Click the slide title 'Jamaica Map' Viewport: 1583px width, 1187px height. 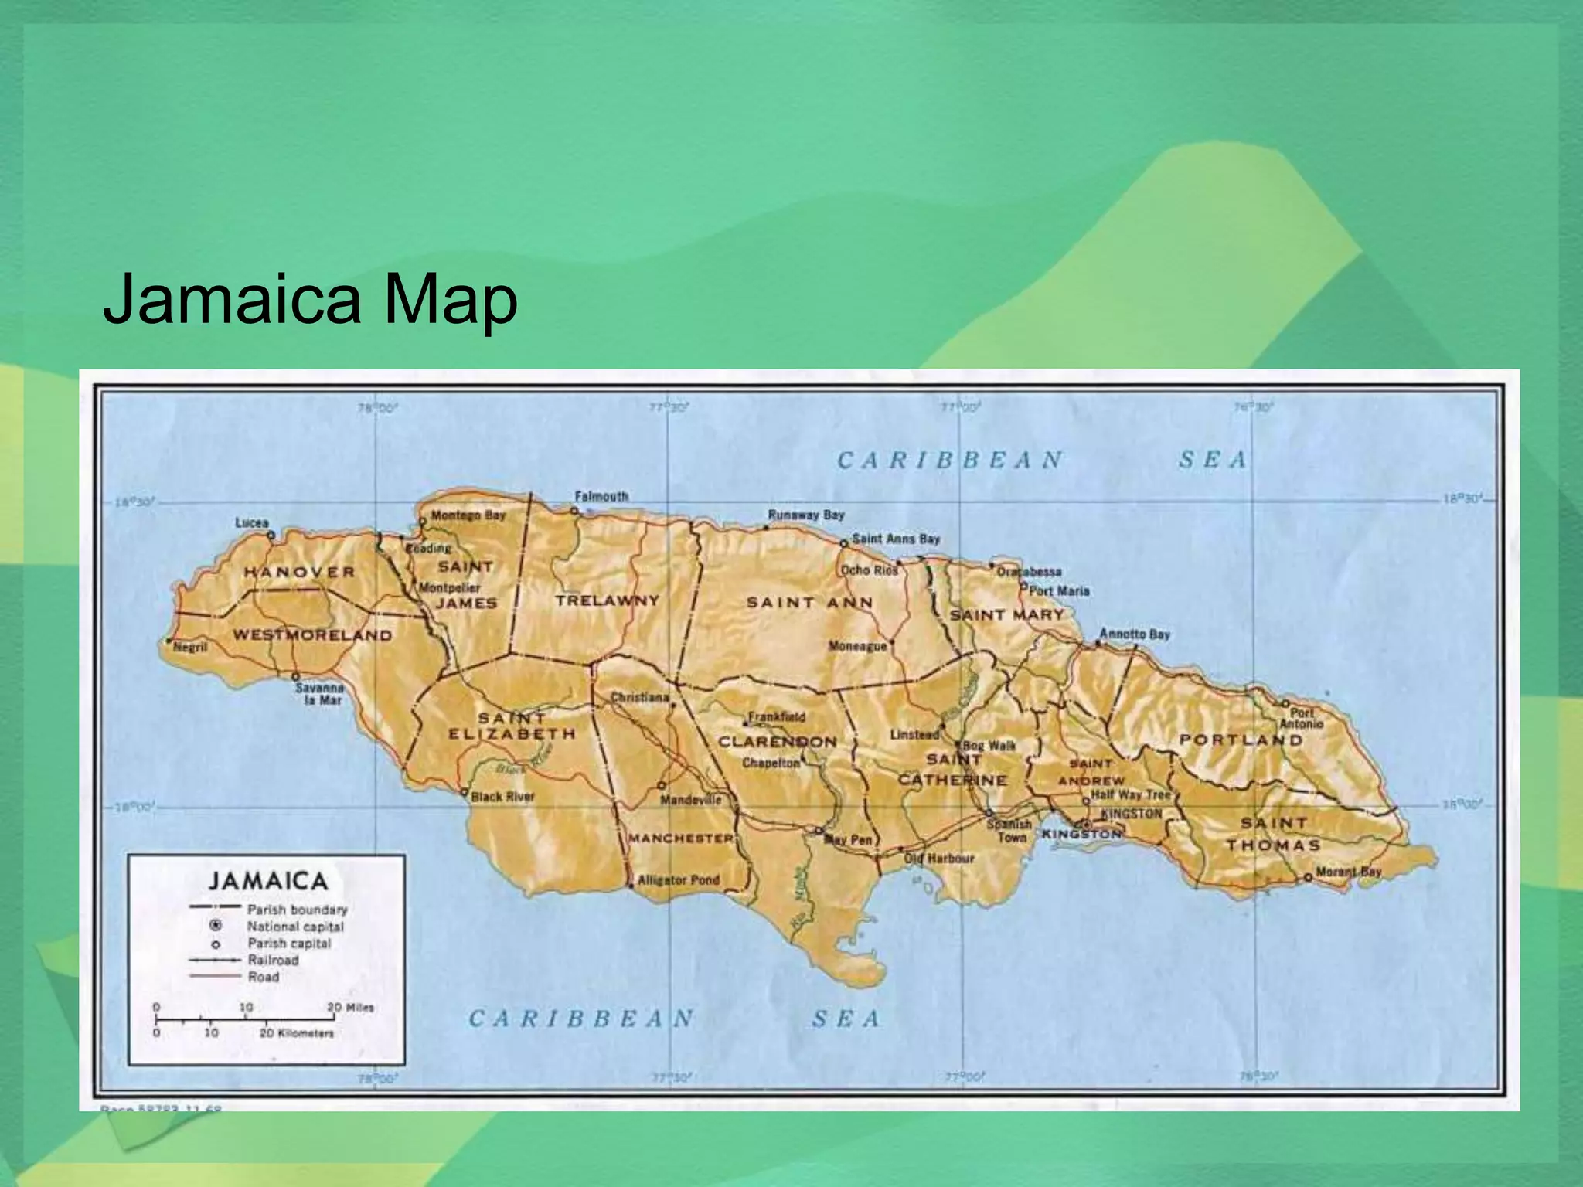[310, 299]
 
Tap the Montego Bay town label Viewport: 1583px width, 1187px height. [468, 515]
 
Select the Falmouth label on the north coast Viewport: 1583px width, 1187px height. [601, 496]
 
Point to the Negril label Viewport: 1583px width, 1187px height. [190, 647]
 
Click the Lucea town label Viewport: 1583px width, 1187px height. [251, 523]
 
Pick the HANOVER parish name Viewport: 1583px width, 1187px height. [300, 572]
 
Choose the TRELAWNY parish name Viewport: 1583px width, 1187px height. [607, 600]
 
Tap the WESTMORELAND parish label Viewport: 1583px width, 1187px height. [313, 635]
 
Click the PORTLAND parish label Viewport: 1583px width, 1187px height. [1241, 740]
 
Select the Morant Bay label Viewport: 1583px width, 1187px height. [1348, 872]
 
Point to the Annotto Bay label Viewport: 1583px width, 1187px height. [1134, 634]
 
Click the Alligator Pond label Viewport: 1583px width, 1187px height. [678, 879]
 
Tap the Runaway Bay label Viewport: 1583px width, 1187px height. [805, 515]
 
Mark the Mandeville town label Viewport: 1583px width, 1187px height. [690, 800]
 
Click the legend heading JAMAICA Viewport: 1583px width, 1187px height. [268, 881]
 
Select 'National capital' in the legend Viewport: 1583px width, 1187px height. [294, 927]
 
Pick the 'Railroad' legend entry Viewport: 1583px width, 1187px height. [273, 960]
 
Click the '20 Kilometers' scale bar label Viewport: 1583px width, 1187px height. [297, 1033]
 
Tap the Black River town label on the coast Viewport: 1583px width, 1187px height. [502, 796]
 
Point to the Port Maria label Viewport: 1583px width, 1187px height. [1059, 591]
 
